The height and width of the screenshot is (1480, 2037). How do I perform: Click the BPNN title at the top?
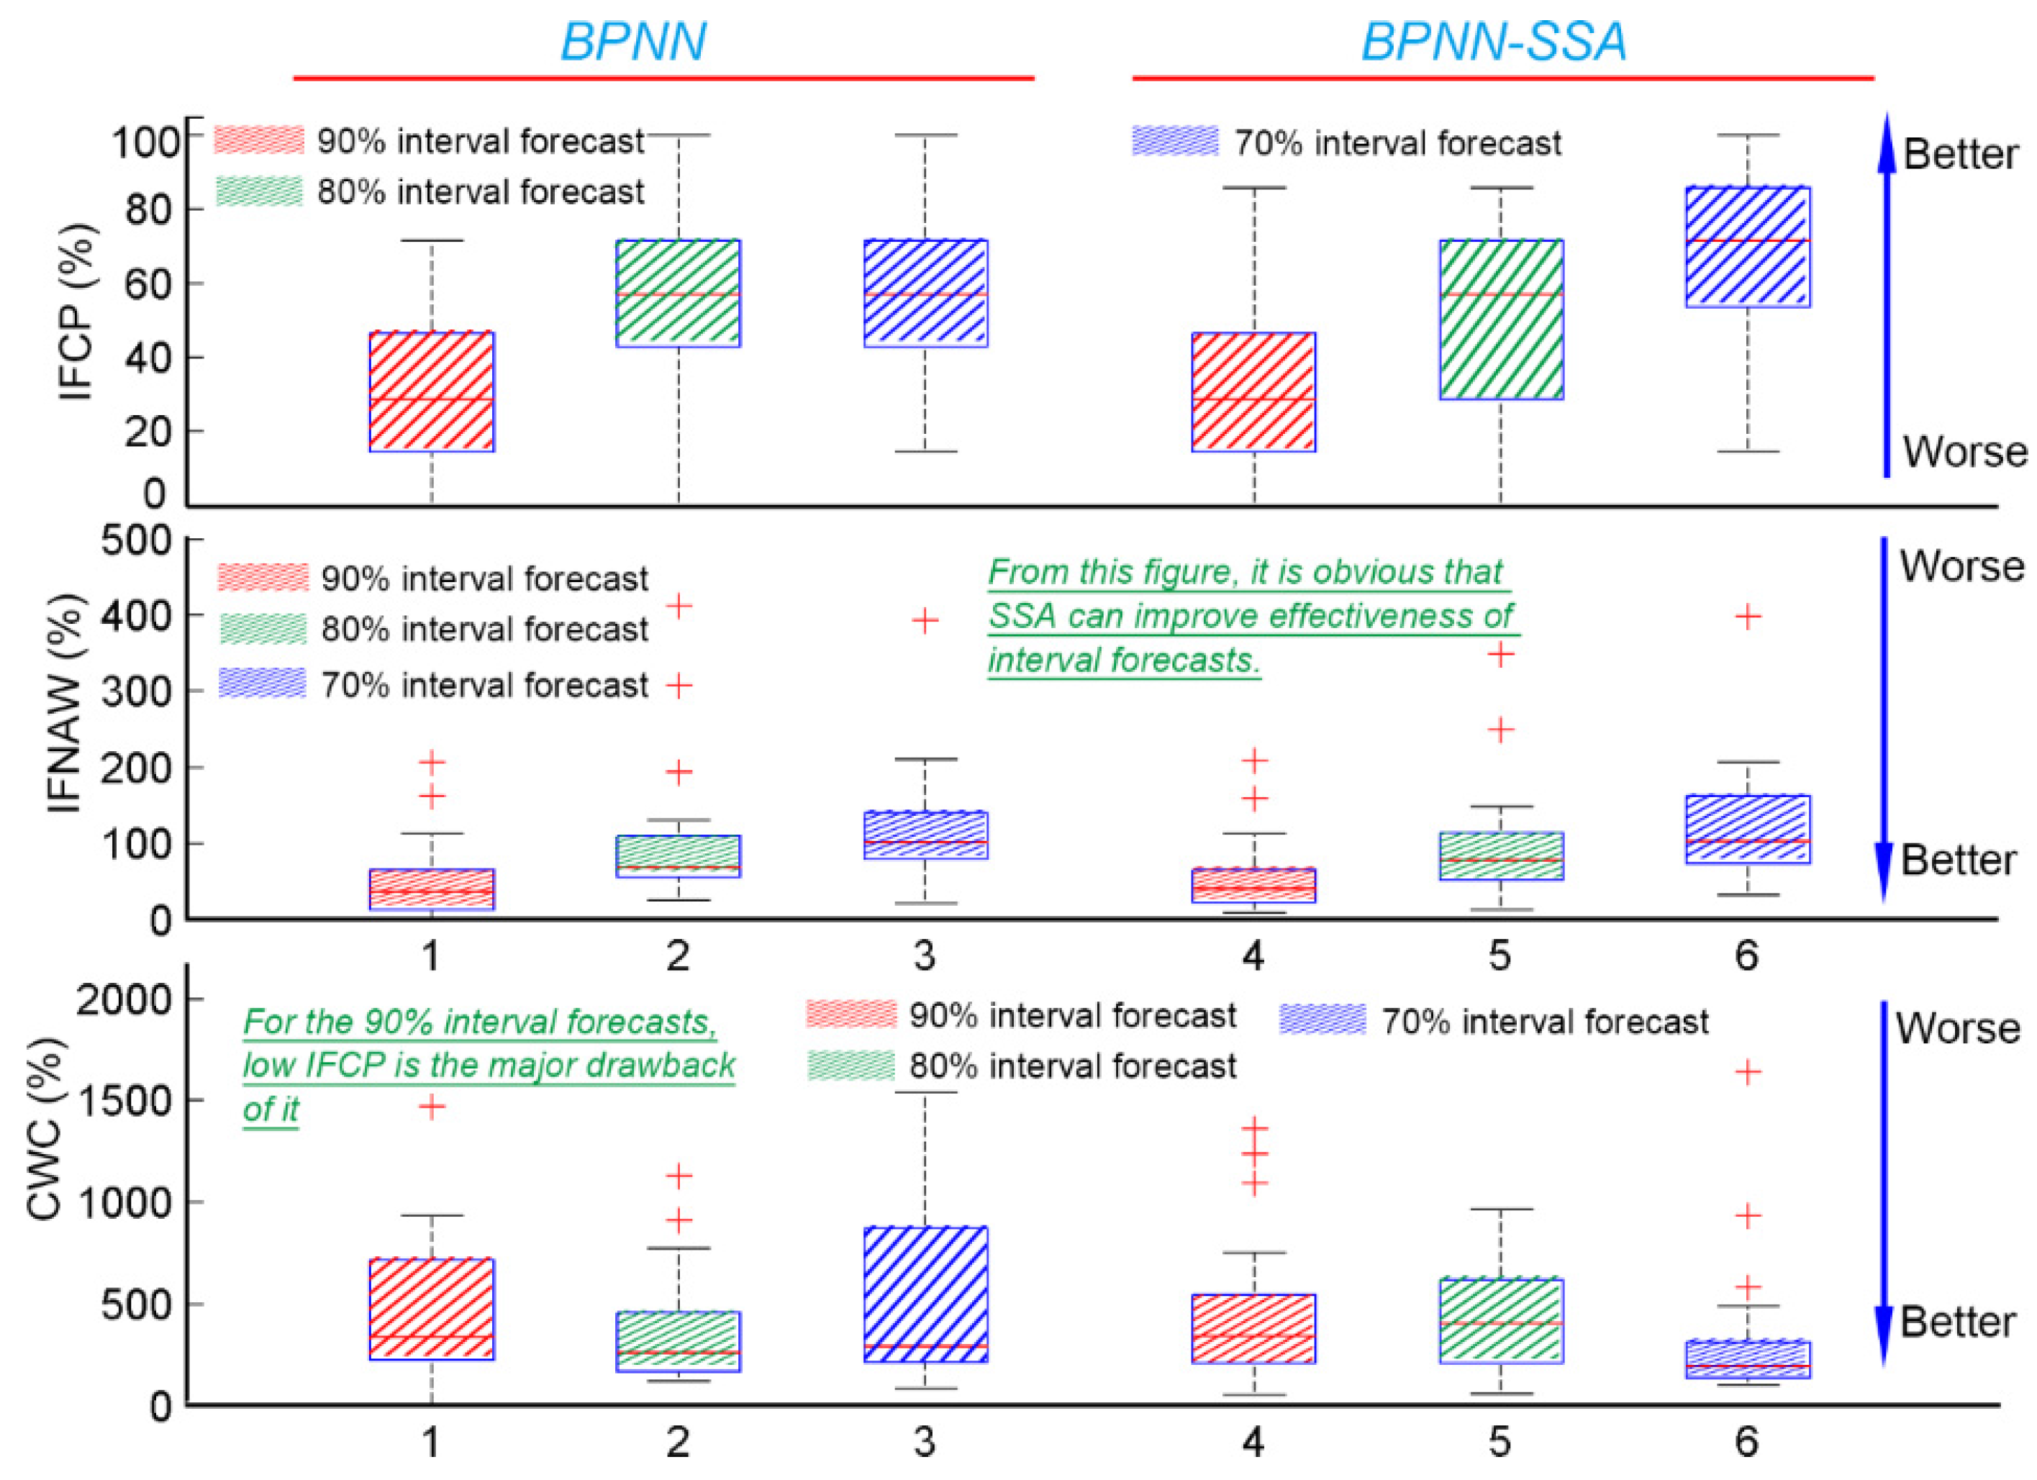click(633, 41)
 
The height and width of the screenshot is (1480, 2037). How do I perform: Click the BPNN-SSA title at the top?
click(1494, 41)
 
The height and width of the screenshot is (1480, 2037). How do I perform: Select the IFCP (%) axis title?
click(77, 311)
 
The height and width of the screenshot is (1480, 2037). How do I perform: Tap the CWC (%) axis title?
click(45, 1130)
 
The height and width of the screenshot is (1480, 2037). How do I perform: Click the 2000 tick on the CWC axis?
click(124, 999)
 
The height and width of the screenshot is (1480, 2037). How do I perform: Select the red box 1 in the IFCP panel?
click(432, 391)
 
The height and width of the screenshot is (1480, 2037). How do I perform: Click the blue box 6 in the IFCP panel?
click(1747, 247)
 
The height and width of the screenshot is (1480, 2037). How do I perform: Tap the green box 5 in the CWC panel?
click(1501, 1320)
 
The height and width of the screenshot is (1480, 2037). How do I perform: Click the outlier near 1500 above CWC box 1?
click(432, 1107)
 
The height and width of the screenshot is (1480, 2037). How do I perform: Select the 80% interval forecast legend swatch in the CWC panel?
click(850, 1066)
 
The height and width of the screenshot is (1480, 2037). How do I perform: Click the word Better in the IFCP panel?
click(1961, 155)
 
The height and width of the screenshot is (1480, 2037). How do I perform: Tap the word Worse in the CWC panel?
click(1958, 1028)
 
